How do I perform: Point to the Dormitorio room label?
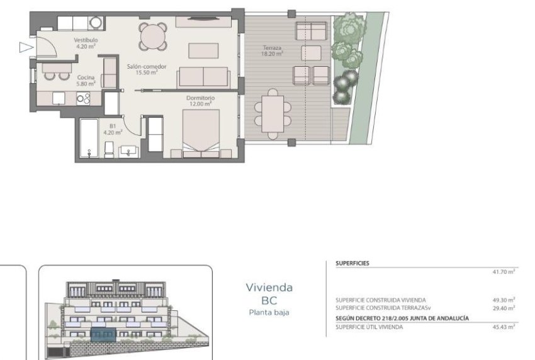[200, 101]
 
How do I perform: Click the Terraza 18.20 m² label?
[272, 50]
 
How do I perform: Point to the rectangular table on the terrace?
[273, 111]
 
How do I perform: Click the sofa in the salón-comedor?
[203, 77]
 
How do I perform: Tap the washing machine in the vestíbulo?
[96, 23]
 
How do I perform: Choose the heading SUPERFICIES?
[352, 264]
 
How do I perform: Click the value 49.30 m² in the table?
[504, 300]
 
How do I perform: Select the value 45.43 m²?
[504, 327]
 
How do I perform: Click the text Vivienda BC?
[269, 293]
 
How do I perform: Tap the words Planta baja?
[269, 312]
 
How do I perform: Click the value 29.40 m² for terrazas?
[504, 307]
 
